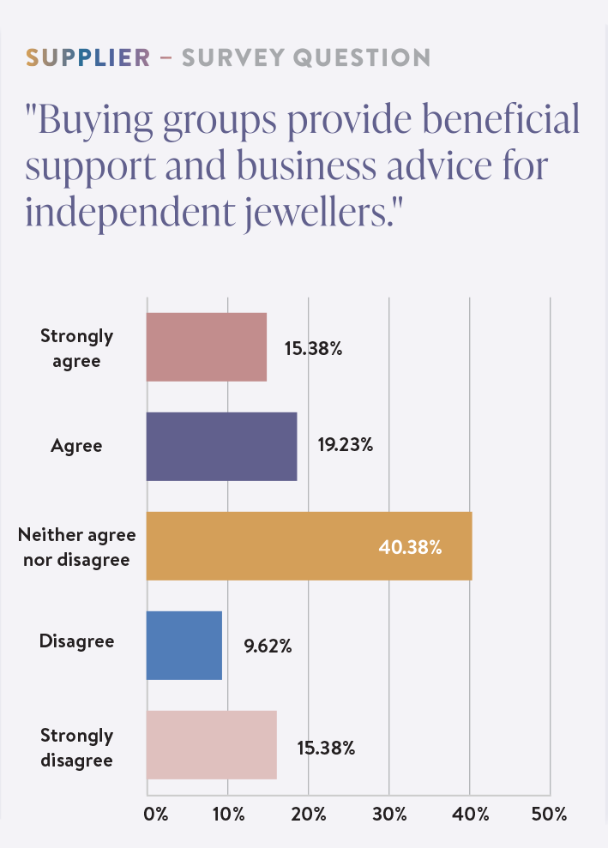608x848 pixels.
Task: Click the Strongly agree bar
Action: (x=207, y=346)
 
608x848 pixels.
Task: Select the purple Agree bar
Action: (x=221, y=446)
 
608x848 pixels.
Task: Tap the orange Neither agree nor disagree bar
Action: (x=309, y=546)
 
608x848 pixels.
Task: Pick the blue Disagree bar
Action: (x=184, y=646)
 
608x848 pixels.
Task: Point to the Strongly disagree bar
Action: (x=212, y=745)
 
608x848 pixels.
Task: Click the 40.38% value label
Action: (x=410, y=547)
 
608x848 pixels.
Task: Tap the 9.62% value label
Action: (x=268, y=647)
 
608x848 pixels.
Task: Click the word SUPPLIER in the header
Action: (x=87, y=58)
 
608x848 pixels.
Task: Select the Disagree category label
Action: (x=76, y=641)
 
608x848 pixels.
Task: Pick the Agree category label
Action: (x=76, y=446)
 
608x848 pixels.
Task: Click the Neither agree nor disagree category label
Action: (x=77, y=547)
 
